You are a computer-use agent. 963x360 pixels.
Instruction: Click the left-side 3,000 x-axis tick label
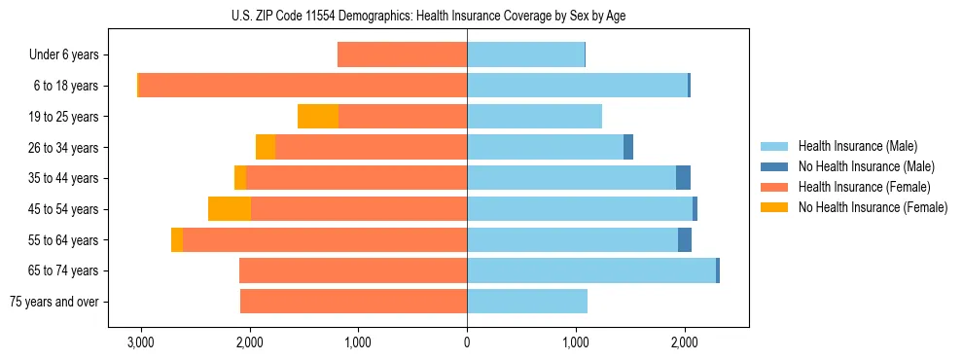tap(141, 342)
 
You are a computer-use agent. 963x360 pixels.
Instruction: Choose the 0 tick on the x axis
tap(467, 342)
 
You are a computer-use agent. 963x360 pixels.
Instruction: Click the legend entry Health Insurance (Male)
tap(857, 146)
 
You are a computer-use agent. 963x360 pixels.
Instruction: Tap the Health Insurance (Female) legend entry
tap(864, 187)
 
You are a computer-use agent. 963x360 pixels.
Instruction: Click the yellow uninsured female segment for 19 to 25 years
tap(318, 117)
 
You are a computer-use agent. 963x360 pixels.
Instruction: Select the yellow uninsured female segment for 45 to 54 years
tap(230, 209)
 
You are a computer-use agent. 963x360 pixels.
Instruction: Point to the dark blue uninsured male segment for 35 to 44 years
tap(683, 178)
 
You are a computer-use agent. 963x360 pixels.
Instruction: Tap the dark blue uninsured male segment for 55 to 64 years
tap(685, 239)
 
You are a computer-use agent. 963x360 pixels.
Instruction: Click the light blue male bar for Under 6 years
tap(525, 55)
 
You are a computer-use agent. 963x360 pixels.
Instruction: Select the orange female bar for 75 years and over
tap(353, 302)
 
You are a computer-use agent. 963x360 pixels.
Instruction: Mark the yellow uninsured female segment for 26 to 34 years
tap(266, 147)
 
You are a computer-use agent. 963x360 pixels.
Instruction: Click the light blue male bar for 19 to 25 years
tap(534, 117)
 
